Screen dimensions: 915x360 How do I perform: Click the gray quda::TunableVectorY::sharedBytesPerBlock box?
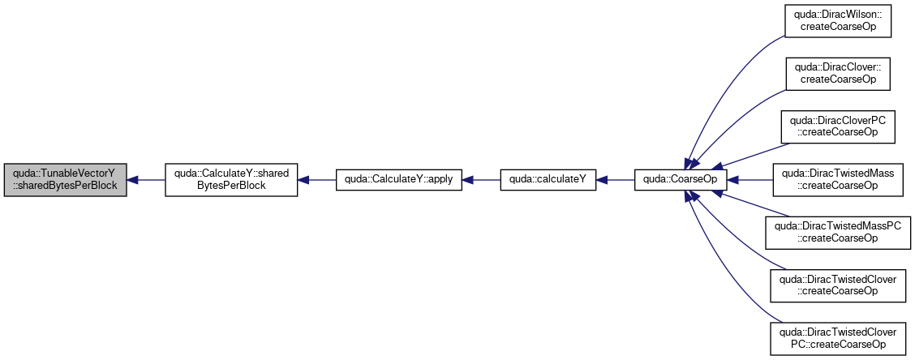tap(66, 180)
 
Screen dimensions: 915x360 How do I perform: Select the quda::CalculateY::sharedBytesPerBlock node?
tap(231, 180)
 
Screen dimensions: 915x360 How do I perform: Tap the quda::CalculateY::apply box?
tap(398, 180)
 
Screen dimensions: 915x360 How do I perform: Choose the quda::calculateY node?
tap(548, 180)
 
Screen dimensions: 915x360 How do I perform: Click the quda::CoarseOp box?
tap(681, 180)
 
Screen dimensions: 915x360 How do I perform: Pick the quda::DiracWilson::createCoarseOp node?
tap(838, 22)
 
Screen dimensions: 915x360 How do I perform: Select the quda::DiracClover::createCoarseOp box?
tap(838, 74)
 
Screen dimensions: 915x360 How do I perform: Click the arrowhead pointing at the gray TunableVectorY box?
tap(132, 180)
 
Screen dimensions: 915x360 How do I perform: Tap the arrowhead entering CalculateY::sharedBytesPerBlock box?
tap(303, 180)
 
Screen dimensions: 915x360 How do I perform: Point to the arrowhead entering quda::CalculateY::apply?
tap(467, 180)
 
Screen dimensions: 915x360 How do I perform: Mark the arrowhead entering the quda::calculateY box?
tap(601, 180)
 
